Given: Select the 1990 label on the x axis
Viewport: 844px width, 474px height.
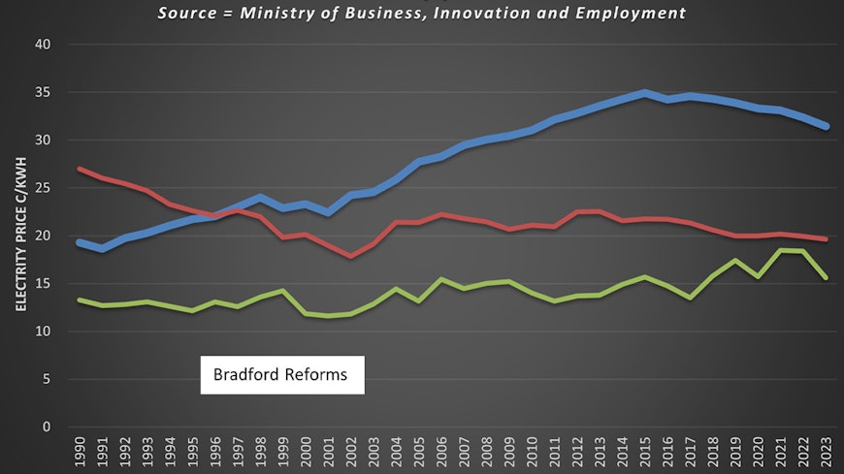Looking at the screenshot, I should [80, 453].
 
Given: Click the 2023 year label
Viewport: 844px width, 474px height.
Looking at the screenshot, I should [827, 453].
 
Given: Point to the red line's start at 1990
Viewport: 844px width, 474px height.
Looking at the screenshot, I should [80, 170].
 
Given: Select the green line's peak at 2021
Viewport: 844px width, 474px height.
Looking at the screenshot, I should [781, 251].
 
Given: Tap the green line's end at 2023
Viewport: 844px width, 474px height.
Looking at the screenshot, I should [827, 277].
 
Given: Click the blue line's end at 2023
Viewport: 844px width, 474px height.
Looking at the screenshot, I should [827, 127].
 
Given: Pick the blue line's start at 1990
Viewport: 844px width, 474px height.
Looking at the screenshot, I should [80, 242].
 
